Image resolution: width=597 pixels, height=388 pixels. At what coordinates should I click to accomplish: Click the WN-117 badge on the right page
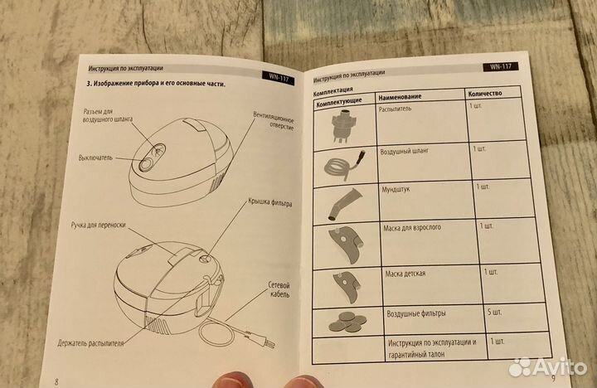[501, 66]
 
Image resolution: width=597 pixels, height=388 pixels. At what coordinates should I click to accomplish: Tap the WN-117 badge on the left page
[279, 78]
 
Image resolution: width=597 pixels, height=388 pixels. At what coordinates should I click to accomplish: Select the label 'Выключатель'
[95, 158]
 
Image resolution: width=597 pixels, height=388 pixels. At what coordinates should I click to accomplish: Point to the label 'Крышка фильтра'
[270, 202]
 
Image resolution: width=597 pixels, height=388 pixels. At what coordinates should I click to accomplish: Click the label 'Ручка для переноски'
[98, 225]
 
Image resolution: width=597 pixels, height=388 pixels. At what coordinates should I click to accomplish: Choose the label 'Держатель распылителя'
[90, 343]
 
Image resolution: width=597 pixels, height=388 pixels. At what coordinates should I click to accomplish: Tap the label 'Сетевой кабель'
[280, 290]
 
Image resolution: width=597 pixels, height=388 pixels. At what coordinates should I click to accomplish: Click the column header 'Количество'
[485, 94]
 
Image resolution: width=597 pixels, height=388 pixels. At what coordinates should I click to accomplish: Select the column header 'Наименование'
[400, 97]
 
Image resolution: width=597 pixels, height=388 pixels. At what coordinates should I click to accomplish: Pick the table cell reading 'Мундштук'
[396, 189]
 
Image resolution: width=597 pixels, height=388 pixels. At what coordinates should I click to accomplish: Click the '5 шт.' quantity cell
[494, 313]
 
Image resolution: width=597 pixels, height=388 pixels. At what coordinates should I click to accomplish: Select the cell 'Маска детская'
[405, 274]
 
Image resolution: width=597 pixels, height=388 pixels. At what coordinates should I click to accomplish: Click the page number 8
[56, 382]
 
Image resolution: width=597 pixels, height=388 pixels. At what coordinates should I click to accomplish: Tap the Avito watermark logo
[548, 367]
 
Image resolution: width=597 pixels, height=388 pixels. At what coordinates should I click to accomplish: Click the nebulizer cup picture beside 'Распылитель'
[344, 125]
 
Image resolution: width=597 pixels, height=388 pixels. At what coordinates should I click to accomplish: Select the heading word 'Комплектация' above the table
[332, 90]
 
